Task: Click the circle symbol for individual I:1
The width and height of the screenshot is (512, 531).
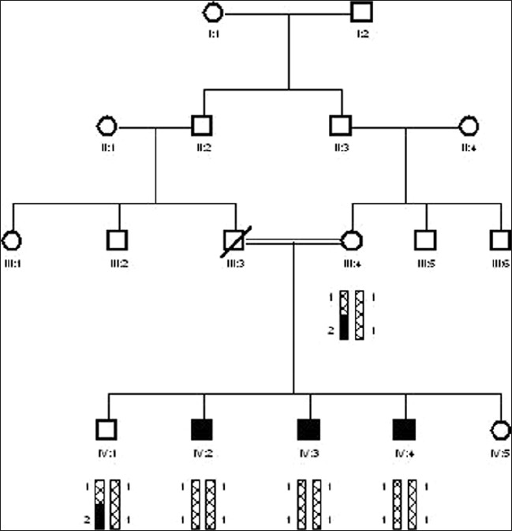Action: [x=213, y=12]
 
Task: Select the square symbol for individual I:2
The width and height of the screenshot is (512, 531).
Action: [x=362, y=12]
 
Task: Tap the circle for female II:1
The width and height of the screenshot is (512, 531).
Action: [x=107, y=126]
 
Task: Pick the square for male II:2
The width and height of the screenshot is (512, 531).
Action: [x=203, y=126]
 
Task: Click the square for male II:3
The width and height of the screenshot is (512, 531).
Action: [x=341, y=126]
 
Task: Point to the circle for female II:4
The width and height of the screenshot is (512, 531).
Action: [x=469, y=126]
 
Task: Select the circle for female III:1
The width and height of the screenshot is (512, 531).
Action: [x=11, y=239]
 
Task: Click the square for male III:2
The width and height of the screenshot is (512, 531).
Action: [x=118, y=239]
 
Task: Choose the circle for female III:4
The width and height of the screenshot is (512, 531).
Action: [x=351, y=239]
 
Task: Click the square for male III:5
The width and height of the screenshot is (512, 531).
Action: [x=426, y=239]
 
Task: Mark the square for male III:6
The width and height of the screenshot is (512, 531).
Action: [x=500, y=239]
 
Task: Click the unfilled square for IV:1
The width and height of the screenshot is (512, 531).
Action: [x=107, y=430]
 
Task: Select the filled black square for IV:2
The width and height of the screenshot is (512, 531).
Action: [x=203, y=430]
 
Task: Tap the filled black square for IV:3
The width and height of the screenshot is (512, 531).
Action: [x=308, y=430]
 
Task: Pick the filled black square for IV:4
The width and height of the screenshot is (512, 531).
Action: [x=405, y=430]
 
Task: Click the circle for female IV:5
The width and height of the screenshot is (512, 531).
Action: [x=499, y=430]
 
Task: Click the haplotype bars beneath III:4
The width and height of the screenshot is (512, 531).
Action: [x=351, y=315]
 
